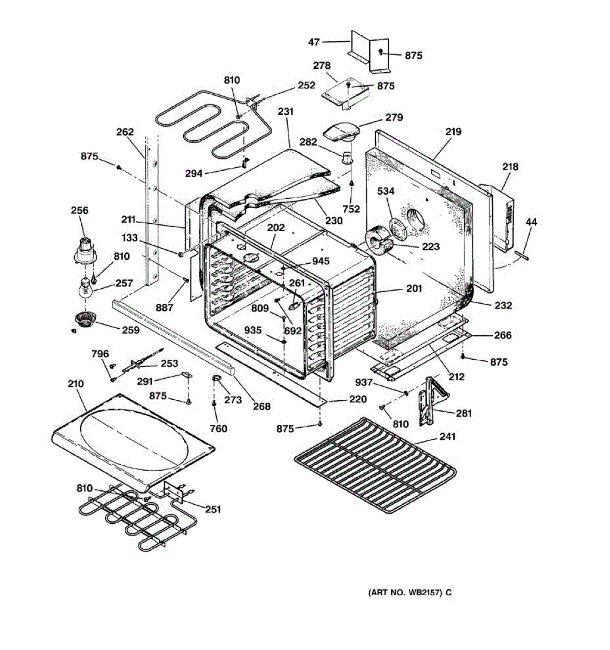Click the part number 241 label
447,437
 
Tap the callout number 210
75,384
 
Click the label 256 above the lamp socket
79,210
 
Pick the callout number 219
453,132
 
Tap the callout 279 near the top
394,118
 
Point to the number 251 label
213,509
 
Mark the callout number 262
125,132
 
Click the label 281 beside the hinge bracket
464,413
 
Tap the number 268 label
262,406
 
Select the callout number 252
306,86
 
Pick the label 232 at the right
503,305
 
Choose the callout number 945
320,262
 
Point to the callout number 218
510,167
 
